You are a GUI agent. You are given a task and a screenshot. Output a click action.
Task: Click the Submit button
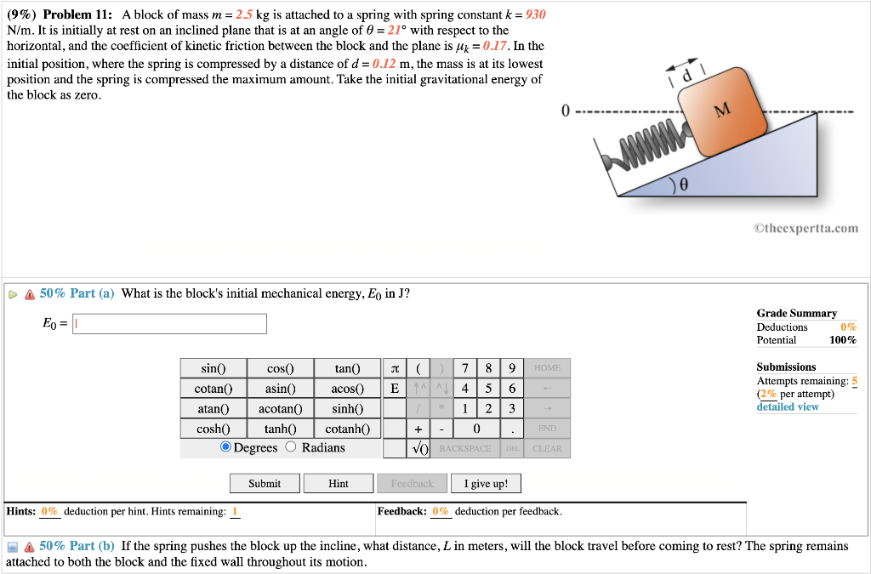coord(265,483)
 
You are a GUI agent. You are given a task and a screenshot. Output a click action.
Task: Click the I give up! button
coord(486,483)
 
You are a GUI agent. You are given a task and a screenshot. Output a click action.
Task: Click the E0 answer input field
coord(169,324)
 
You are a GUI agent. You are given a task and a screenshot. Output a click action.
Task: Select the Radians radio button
coord(291,447)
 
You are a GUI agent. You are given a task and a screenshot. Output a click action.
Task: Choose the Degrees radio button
coord(225,447)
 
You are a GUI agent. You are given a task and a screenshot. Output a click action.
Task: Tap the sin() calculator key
coord(213,368)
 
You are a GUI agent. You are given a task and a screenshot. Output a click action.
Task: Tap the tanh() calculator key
coord(280,429)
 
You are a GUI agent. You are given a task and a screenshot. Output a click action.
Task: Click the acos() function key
coord(347,389)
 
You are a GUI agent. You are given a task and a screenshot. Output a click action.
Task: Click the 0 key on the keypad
coord(477,429)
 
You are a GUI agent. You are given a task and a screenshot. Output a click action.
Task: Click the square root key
coord(418,448)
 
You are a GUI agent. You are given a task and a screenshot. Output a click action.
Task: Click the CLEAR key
coord(547,448)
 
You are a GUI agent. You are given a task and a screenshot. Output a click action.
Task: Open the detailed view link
coord(788,406)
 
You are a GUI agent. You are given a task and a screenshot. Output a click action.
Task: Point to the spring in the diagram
coord(644,145)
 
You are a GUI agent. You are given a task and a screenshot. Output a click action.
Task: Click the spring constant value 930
coord(536,14)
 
